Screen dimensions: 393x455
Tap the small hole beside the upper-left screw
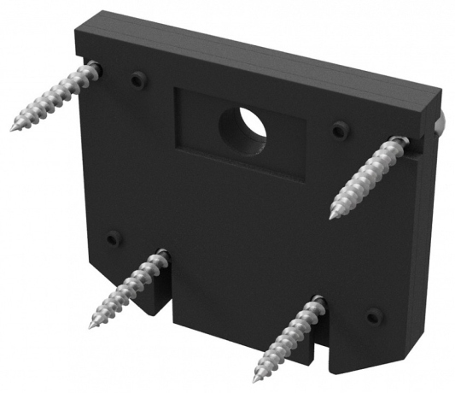pos(136,79)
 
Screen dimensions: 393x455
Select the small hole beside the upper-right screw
pos(340,129)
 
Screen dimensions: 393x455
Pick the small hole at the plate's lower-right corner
pos(373,316)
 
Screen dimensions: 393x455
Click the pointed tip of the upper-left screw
pos(14,130)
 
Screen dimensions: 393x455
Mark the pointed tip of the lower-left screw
pos(90,329)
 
